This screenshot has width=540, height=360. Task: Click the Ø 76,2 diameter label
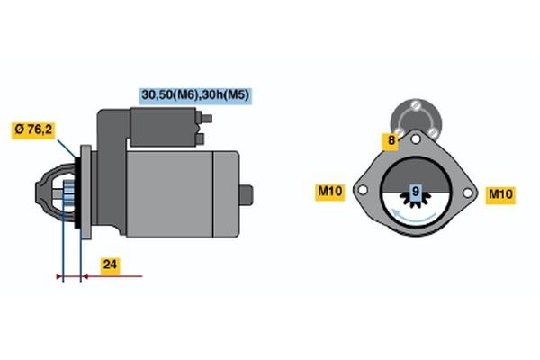(x=33, y=130)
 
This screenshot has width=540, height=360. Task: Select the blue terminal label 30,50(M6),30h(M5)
(x=195, y=95)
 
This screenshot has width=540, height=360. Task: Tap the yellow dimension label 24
(x=110, y=265)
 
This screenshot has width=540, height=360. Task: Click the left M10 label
(x=329, y=192)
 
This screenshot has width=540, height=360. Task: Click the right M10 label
(x=500, y=195)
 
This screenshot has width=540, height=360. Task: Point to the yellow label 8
(x=391, y=141)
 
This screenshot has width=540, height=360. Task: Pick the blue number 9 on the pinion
(x=416, y=192)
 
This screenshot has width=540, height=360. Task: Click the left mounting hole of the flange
(x=363, y=190)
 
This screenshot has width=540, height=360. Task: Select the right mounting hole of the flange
(x=467, y=193)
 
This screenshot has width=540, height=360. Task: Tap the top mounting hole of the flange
(x=416, y=139)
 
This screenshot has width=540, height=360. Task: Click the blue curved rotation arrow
(x=414, y=216)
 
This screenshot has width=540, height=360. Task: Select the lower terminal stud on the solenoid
(x=200, y=139)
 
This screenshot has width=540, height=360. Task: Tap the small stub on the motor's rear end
(x=246, y=195)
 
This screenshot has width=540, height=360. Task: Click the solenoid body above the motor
(x=163, y=127)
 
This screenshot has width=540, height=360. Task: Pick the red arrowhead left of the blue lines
(x=59, y=276)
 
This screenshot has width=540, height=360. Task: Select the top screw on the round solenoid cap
(x=416, y=104)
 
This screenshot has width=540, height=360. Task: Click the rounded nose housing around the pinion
(x=55, y=193)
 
